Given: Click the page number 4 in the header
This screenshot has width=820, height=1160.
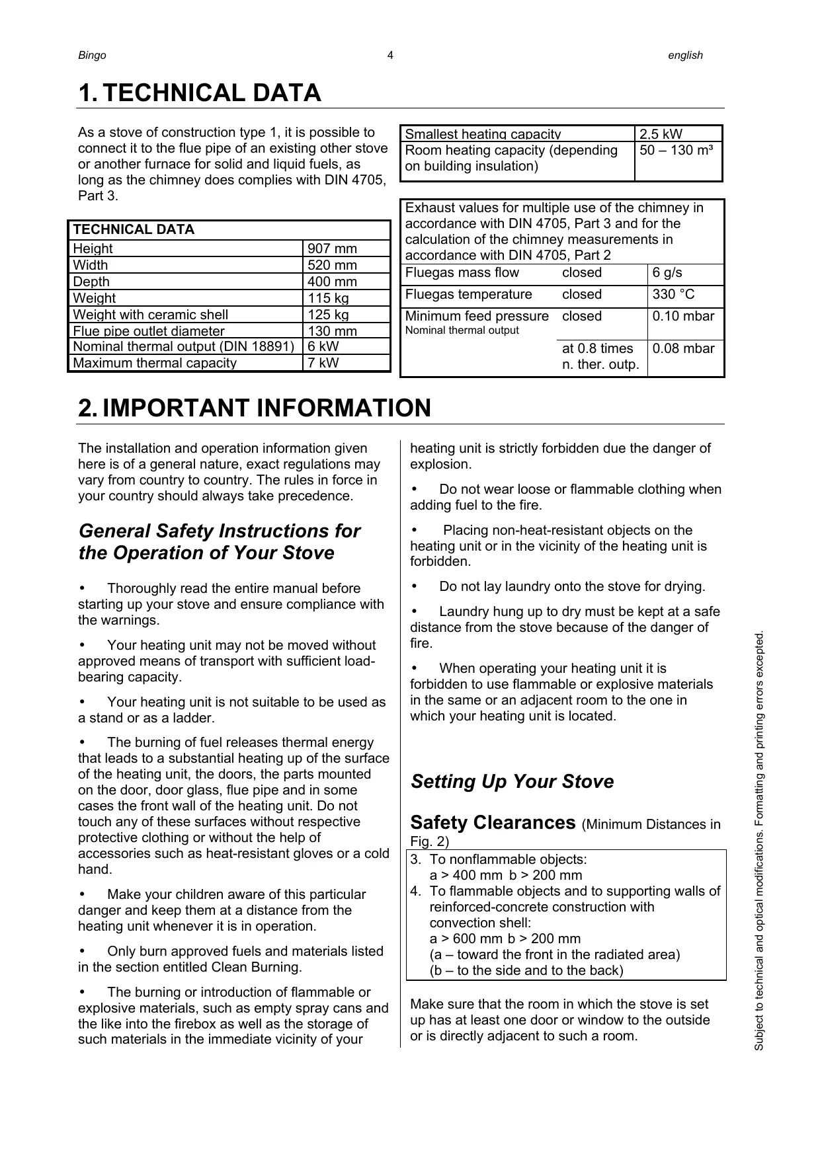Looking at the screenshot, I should click(390, 56).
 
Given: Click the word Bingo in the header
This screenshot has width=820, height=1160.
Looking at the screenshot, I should click(92, 56).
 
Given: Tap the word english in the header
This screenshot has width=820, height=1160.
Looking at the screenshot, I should click(685, 56).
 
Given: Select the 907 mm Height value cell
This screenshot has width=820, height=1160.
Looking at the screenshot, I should click(332, 249).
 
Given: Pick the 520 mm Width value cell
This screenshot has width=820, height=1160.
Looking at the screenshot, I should click(332, 266).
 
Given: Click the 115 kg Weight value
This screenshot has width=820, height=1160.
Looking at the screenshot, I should click(328, 299).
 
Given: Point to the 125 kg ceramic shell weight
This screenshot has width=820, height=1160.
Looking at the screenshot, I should click(328, 315).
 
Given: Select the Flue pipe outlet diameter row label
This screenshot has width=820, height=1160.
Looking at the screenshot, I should click(149, 331).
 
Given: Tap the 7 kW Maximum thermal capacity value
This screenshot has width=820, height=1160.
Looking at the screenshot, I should click(323, 363).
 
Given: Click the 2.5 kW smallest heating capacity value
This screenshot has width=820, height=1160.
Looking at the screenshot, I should click(661, 134).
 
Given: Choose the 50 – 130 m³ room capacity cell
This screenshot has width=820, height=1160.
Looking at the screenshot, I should click(676, 151).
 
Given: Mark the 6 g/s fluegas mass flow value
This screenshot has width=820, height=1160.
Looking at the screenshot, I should click(667, 273).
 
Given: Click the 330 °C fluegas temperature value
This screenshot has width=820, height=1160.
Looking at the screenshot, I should click(673, 295).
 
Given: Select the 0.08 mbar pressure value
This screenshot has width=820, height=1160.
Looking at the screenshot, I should click(683, 349).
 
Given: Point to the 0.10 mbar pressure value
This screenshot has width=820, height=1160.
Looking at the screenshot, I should click(683, 317).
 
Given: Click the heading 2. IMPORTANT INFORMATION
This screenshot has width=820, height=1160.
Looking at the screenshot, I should click(255, 408).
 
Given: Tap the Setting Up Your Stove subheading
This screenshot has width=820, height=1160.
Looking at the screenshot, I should click(512, 782).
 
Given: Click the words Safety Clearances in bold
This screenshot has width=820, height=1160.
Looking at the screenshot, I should click(493, 823).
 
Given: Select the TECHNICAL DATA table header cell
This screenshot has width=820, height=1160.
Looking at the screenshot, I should click(134, 230).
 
